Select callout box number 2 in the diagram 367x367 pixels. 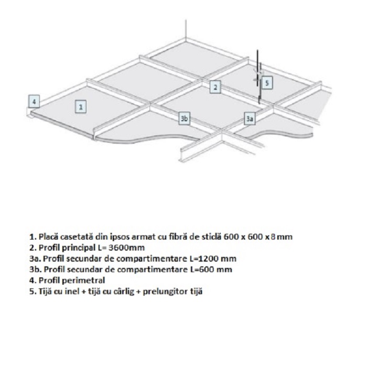point(215,87)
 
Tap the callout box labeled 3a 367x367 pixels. point(250,119)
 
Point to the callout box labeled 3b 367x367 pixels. point(184,119)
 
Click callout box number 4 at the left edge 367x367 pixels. point(34,100)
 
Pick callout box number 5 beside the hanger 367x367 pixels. point(266,82)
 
